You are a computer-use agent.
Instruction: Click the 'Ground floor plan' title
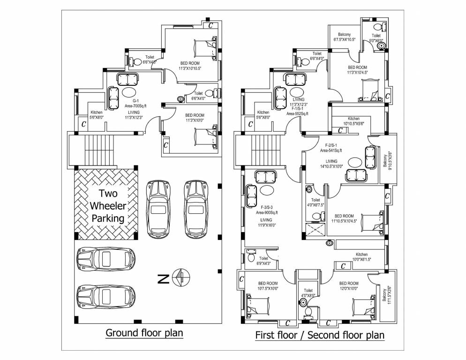pyautogui.click(x=144, y=333)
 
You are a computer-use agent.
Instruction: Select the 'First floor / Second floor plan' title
pyautogui.click(x=319, y=335)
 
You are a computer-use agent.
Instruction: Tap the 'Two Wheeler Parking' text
pyautogui.click(x=107, y=206)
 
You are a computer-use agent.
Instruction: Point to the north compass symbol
pyautogui.click(x=180, y=278)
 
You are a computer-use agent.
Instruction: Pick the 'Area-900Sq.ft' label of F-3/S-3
pyautogui.click(x=266, y=212)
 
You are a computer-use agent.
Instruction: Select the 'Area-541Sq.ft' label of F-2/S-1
pyautogui.click(x=331, y=150)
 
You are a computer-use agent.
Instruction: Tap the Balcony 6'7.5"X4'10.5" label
pyautogui.click(x=345, y=37)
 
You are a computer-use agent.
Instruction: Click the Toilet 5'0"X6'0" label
pyautogui.click(x=376, y=38)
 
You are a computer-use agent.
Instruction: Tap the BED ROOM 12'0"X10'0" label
pyautogui.click(x=349, y=286)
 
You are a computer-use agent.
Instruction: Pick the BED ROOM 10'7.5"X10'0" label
pyautogui.click(x=268, y=286)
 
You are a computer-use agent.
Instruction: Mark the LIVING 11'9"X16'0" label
pyautogui.click(x=266, y=222)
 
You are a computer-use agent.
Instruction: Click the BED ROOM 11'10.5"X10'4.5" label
pyautogui.click(x=344, y=218)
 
